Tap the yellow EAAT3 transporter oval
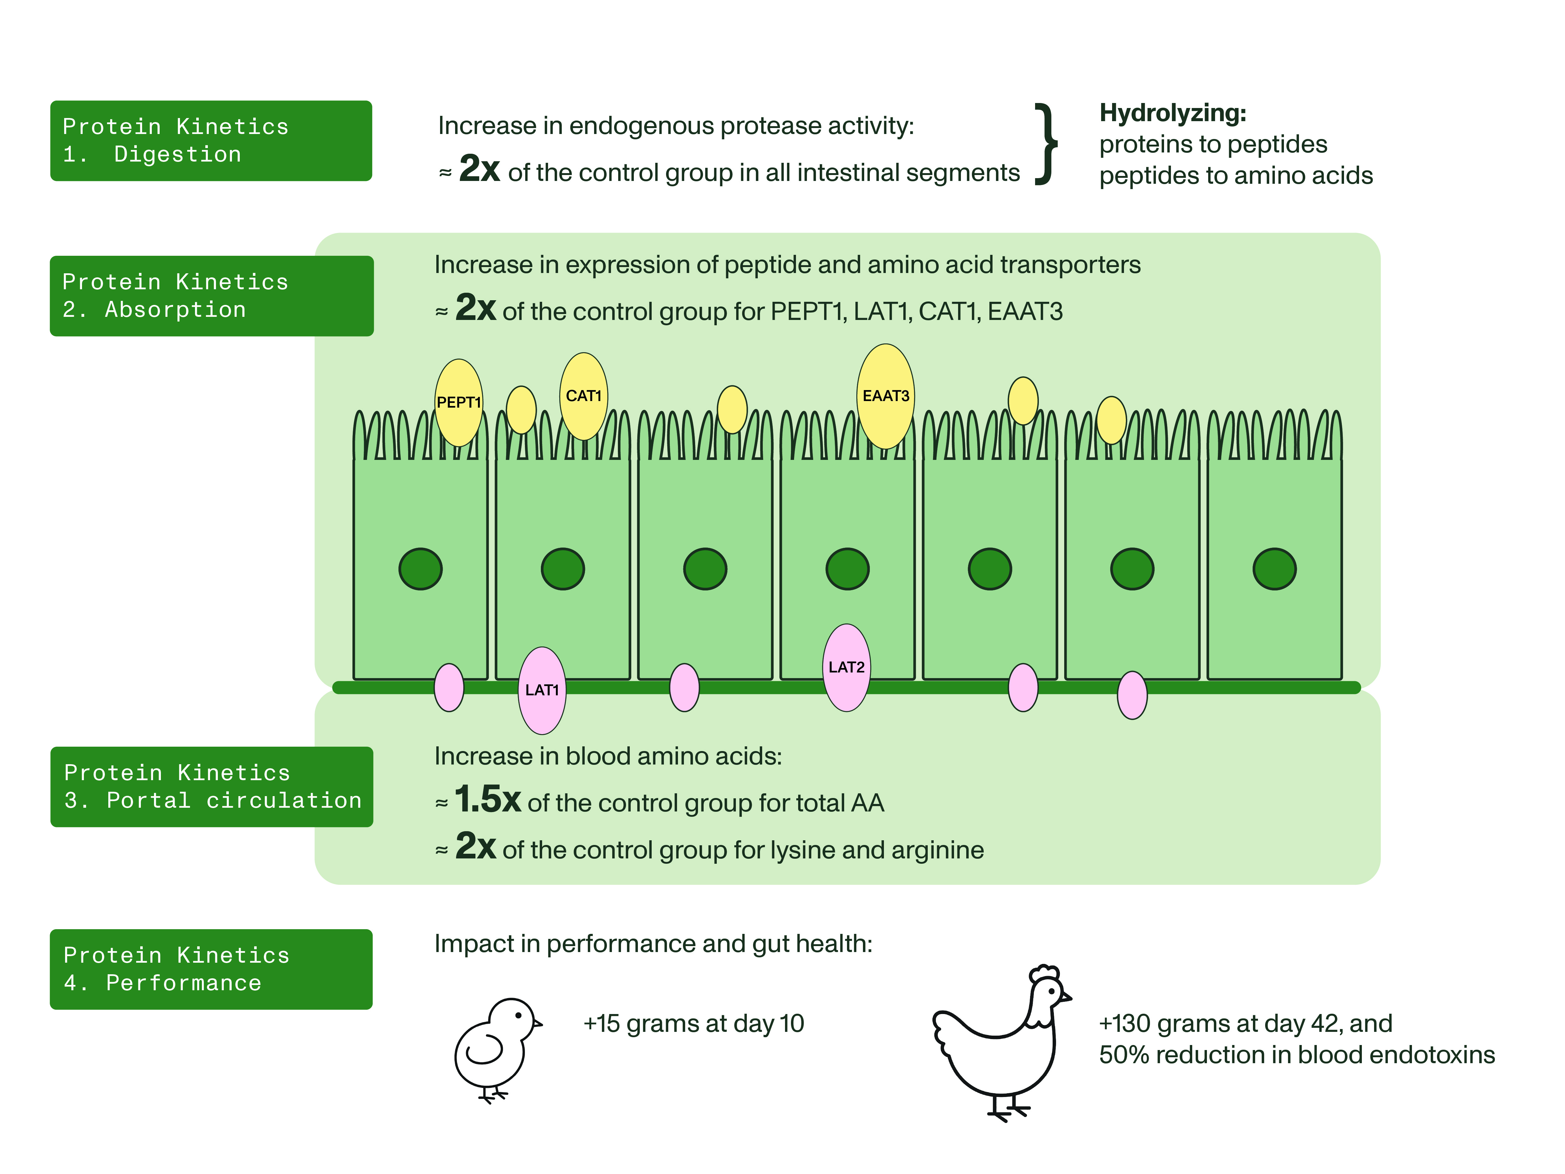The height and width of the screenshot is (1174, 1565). point(885,396)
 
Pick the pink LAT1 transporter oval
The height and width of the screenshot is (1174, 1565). point(542,690)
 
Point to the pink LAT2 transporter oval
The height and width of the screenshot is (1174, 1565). point(846,667)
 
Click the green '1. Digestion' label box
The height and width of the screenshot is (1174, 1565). point(211,141)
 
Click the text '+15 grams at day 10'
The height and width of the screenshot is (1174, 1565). point(693,1023)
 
